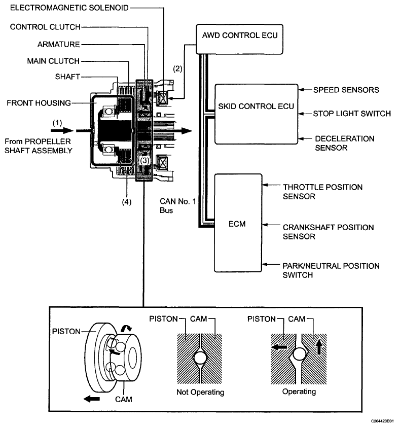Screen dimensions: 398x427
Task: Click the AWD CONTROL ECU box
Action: click(x=240, y=39)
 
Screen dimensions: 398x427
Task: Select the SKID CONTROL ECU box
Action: click(x=256, y=114)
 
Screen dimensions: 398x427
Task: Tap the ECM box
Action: click(x=238, y=223)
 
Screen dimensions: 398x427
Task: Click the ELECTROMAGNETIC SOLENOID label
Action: click(x=69, y=8)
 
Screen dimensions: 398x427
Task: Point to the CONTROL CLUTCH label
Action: click(x=45, y=27)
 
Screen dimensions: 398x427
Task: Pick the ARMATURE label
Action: click(x=58, y=45)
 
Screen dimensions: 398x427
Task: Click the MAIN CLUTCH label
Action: click(x=53, y=61)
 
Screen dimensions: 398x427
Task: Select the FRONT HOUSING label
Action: click(x=39, y=103)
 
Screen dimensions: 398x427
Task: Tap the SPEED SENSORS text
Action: click(x=346, y=90)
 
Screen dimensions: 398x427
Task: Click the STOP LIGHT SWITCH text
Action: click(x=352, y=114)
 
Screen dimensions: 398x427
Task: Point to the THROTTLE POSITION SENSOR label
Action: click(x=322, y=192)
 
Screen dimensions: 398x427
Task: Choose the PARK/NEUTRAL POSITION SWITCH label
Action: click(x=331, y=270)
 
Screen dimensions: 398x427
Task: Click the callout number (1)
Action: click(x=57, y=123)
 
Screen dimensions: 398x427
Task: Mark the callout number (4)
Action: click(x=127, y=202)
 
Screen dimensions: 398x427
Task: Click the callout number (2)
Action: click(x=177, y=68)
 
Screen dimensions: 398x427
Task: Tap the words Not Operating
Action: click(x=200, y=392)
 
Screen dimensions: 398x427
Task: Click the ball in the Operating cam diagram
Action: click(x=299, y=355)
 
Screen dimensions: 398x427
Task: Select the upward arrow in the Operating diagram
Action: click(x=319, y=347)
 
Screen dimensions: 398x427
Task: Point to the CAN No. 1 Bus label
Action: click(x=177, y=206)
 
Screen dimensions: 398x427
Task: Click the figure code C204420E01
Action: click(x=382, y=421)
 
